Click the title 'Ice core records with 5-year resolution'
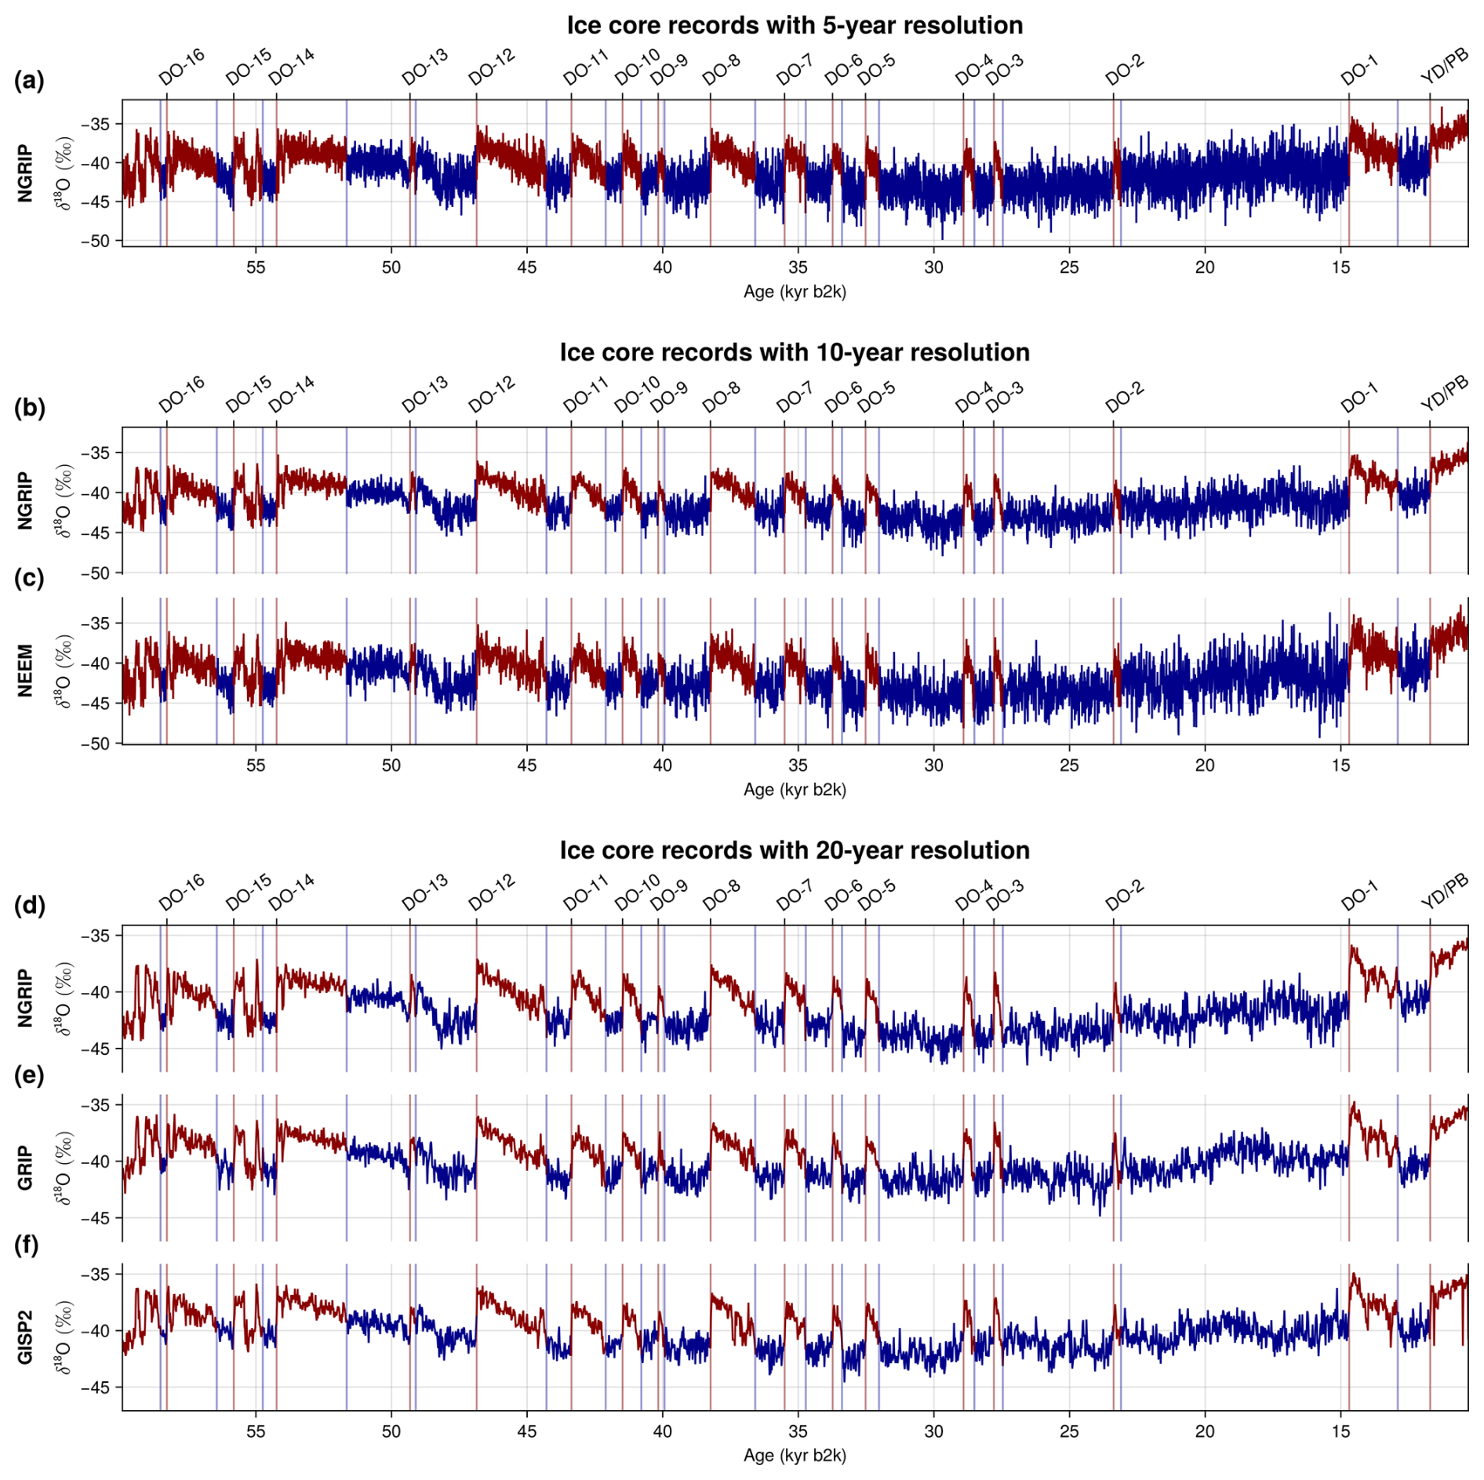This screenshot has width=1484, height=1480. pyautogui.click(x=794, y=25)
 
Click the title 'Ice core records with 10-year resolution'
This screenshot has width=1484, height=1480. pyautogui.click(x=794, y=352)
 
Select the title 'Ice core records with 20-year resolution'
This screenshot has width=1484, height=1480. pyautogui.click(x=794, y=850)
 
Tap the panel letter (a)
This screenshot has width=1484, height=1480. pyautogui.click(x=29, y=80)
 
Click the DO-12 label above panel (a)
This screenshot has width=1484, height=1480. pyautogui.click(x=492, y=67)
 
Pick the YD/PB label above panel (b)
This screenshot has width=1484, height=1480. pyautogui.click(x=1444, y=394)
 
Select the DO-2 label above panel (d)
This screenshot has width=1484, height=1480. pyautogui.click(x=1125, y=893)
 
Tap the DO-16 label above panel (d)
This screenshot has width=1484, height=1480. pyautogui.click(x=181, y=893)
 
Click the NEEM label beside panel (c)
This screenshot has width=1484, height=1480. pyautogui.click(x=26, y=671)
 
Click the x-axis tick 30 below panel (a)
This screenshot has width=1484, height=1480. pyautogui.click(x=933, y=267)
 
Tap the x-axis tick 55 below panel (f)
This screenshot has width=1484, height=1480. pyautogui.click(x=256, y=1431)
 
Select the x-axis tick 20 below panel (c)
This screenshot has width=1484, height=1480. pyautogui.click(x=1205, y=765)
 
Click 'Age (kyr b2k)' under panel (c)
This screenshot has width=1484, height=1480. pyautogui.click(x=794, y=790)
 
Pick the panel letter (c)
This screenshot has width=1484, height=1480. pyautogui.click(x=29, y=578)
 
